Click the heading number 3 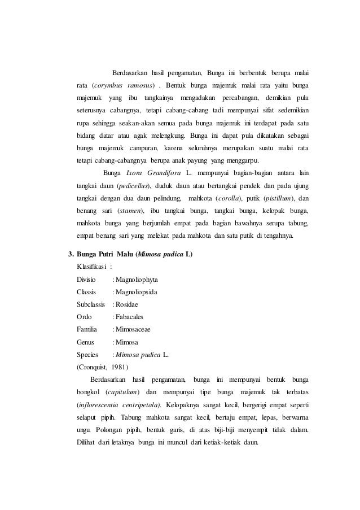pyautogui.click(x=70, y=254)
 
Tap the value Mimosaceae pyautogui.click(x=134, y=330)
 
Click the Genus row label pyautogui.click(x=86, y=342)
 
